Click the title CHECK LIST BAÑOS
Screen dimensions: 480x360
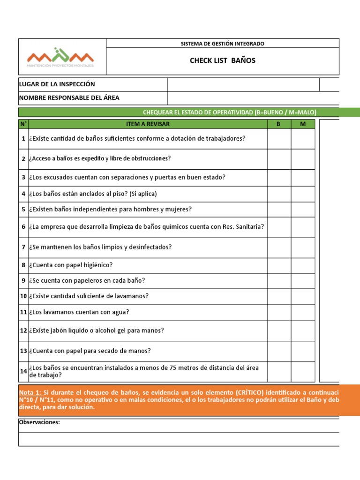click(222, 61)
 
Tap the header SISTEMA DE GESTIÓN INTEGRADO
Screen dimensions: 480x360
click(222, 44)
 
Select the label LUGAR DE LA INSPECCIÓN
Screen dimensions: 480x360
click(57, 84)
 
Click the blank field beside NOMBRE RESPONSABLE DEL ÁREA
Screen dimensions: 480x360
click(253, 98)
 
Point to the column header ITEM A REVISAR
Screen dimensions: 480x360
click(148, 124)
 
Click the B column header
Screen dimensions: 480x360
click(279, 124)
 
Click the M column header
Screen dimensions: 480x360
click(302, 124)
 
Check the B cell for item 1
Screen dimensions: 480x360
click(279, 139)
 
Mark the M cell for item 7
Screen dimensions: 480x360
click(302, 247)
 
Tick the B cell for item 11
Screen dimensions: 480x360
click(279, 312)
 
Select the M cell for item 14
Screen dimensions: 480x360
click(302, 372)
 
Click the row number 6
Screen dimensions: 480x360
click(23, 227)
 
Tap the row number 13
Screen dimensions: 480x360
click(23, 351)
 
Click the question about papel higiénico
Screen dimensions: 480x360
click(71, 265)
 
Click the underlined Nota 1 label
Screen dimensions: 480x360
click(30, 392)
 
